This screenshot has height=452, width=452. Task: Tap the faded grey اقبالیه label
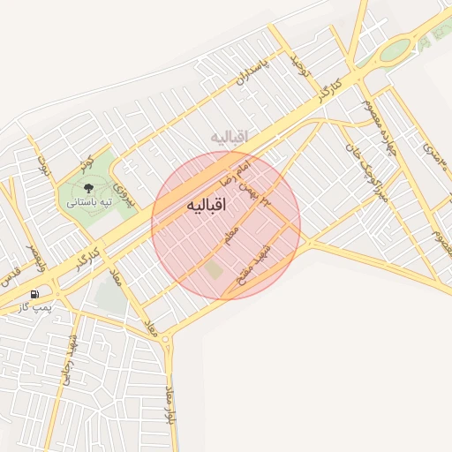(x=230, y=136)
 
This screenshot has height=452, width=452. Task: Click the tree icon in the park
(x=87, y=187)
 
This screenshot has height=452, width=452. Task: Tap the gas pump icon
(x=34, y=294)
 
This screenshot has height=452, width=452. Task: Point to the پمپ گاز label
(x=36, y=308)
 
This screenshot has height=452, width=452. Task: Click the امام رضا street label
(x=241, y=163)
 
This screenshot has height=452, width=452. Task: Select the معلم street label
(x=232, y=236)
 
